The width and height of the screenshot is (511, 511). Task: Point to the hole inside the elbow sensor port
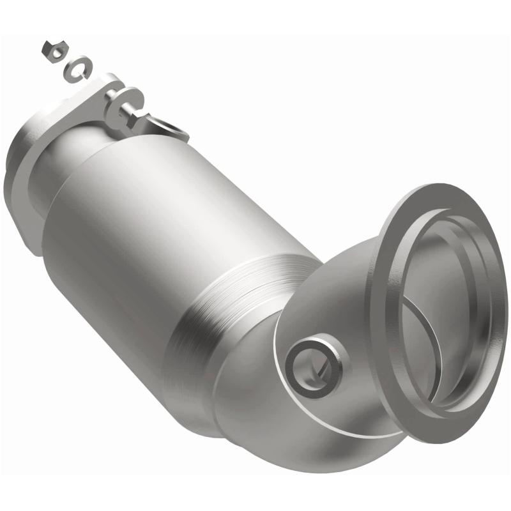pos(315,366)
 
